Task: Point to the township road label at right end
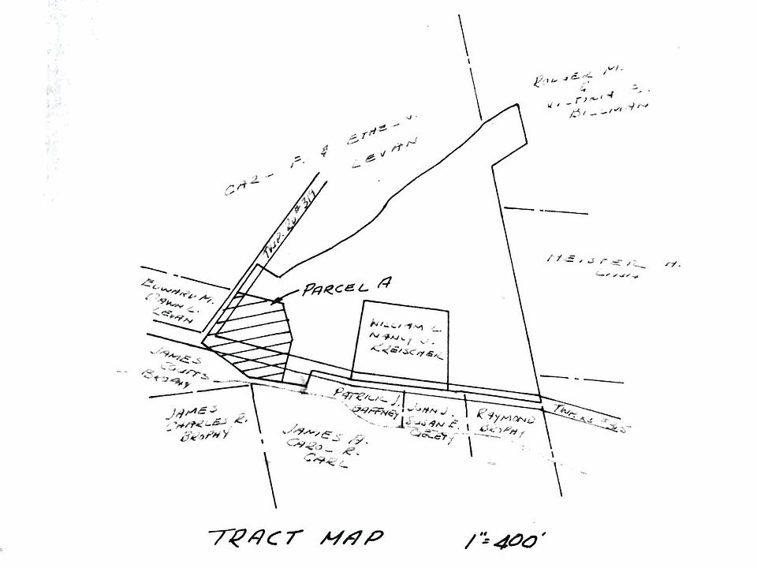point(591,417)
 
